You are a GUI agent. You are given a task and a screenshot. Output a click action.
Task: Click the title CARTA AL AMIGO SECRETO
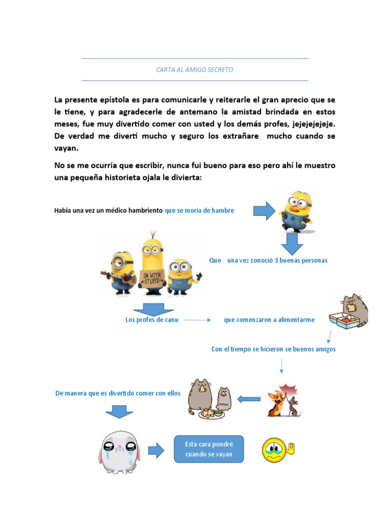click(194, 70)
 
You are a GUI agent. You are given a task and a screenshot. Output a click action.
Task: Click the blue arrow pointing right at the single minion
click(263, 210)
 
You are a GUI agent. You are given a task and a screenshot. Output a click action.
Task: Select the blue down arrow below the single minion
click(292, 243)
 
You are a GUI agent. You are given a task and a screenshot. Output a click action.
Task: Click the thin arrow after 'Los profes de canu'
click(197, 320)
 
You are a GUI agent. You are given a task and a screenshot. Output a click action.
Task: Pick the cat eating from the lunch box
click(349, 311)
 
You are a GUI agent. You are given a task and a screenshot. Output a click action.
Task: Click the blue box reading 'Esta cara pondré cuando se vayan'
click(209, 449)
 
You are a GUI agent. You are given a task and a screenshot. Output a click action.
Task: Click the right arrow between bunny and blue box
click(156, 449)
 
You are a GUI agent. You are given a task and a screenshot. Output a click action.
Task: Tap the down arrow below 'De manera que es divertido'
click(119, 411)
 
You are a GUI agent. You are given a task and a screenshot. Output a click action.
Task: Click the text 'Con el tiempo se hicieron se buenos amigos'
click(273, 349)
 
